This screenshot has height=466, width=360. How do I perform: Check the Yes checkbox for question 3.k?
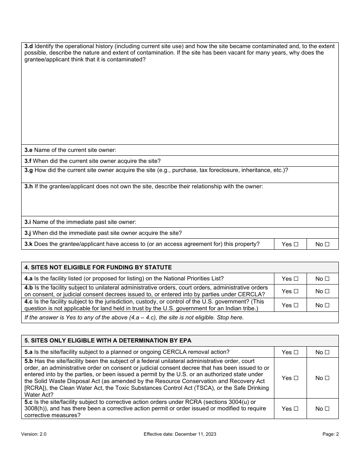click(x=296, y=244)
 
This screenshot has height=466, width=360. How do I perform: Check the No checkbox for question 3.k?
click(x=327, y=244)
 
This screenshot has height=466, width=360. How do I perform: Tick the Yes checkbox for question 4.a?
click(x=296, y=279)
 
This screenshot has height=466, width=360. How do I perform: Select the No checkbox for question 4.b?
click(x=327, y=291)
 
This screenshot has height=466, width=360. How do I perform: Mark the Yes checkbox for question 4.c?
click(x=296, y=305)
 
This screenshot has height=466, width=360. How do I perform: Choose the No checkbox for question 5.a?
click(x=327, y=352)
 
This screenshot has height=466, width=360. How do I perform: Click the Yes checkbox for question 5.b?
click(x=296, y=378)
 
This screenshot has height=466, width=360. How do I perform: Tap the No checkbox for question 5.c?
click(x=327, y=409)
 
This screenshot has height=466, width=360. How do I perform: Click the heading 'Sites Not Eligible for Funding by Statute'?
click(x=98, y=267)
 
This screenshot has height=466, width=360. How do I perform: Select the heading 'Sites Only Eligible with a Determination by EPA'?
click(x=111, y=341)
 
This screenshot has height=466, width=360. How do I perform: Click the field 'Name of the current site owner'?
click(x=227, y=150)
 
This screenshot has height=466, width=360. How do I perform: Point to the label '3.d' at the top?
click(x=28, y=46)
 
